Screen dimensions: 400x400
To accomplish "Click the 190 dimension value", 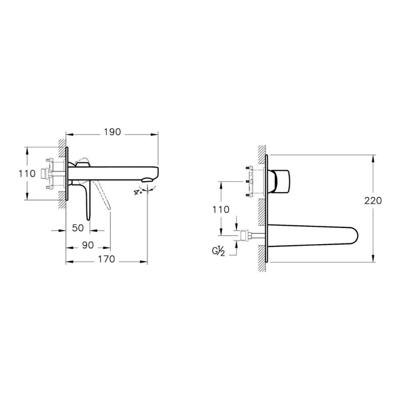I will point(113,132).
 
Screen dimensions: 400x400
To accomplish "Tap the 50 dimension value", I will point(78,227).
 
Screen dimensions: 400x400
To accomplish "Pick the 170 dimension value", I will point(106,259).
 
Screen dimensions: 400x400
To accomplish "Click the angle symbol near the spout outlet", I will point(138,192).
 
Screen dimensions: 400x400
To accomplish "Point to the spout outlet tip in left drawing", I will point(150,182).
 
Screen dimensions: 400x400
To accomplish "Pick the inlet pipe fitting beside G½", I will point(247,235).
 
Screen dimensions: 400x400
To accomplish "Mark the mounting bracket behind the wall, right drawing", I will point(250,181).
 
